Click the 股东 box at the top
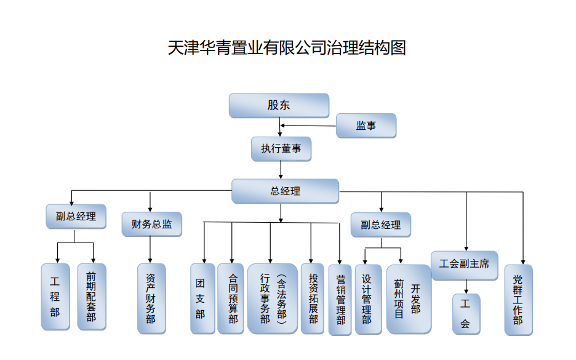279,105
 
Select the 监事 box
366,126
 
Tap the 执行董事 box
281,149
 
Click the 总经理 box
285,191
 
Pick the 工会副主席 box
464,264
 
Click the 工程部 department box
55,296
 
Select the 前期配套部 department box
91,296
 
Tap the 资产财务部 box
151,299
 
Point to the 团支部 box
202,298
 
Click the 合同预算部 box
231,298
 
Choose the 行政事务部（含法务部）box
272,298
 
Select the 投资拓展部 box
312,298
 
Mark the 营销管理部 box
340,300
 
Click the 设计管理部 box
368,300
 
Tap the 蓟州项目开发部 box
408,299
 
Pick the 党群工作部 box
518,300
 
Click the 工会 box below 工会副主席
466,314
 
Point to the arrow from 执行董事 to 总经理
281,170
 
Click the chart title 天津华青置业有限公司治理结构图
287,48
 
